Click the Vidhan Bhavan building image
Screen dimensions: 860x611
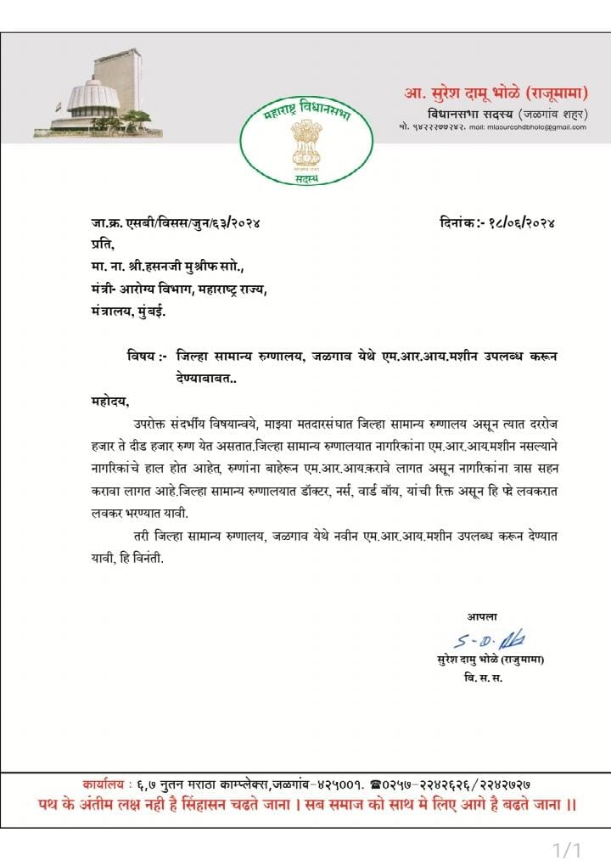tap(98, 93)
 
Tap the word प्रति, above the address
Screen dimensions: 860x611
tap(103, 245)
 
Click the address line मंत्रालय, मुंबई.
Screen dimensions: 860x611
tap(129, 312)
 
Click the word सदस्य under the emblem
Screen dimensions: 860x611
tap(305, 180)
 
